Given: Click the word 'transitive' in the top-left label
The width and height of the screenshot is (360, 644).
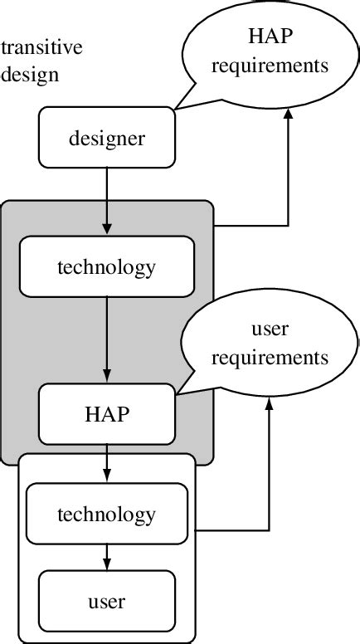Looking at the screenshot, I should (42, 48).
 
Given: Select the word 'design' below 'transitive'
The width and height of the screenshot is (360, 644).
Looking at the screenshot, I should (31, 74).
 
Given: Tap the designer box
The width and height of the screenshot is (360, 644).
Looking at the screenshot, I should (106, 138).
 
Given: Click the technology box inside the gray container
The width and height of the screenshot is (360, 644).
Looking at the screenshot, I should (106, 267).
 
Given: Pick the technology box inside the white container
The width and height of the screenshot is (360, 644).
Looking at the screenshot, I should (106, 514).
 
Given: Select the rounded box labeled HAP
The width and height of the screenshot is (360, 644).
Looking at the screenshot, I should (106, 414).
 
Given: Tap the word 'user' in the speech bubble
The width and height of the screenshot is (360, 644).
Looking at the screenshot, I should (269, 329).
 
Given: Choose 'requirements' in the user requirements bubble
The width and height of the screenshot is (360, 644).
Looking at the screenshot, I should (269, 358).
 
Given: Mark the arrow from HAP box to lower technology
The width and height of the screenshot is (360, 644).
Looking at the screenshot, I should (106, 461).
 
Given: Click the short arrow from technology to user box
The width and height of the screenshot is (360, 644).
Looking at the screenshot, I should (106, 556).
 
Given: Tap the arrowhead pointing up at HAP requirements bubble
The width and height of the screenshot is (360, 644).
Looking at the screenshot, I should (288, 118).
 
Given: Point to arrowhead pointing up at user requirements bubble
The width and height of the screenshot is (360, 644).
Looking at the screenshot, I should (269, 404).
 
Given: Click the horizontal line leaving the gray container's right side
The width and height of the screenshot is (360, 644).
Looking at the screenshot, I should (249, 225).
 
